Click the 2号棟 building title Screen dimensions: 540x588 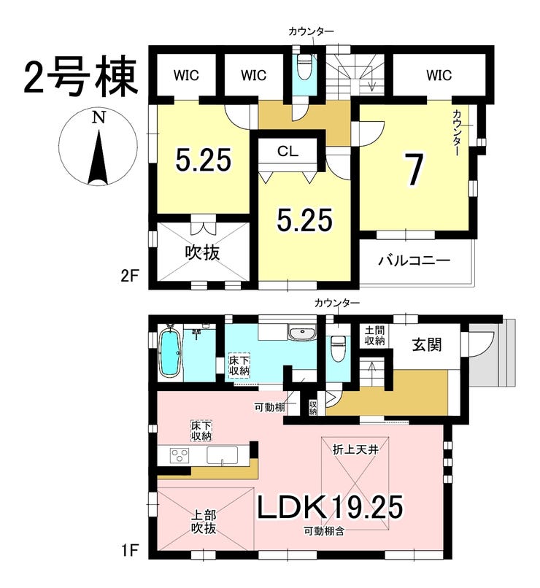pos(80,77)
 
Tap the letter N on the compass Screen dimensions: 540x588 pos(99,117)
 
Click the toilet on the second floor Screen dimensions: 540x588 pos(302,66)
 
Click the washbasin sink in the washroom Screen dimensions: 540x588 pos(302,333)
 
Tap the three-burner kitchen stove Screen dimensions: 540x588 pos(180,456)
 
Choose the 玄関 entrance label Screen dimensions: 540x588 pos(427,344)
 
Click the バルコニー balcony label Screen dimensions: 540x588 pos(414,260)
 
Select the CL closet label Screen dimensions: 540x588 pos(288,151)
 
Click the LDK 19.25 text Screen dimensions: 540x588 pos(330,506)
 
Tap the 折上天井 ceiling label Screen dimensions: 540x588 pos(355,449)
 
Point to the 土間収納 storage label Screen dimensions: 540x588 pos(374,336)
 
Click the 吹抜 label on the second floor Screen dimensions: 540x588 pos(203,253)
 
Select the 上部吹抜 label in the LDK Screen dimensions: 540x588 pos(204,522)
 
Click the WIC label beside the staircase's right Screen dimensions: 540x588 pos(439,75)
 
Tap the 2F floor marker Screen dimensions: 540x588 pos(129,276)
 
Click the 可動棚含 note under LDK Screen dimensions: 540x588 pos(324,530)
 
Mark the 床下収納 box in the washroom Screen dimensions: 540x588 pos(239,366)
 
